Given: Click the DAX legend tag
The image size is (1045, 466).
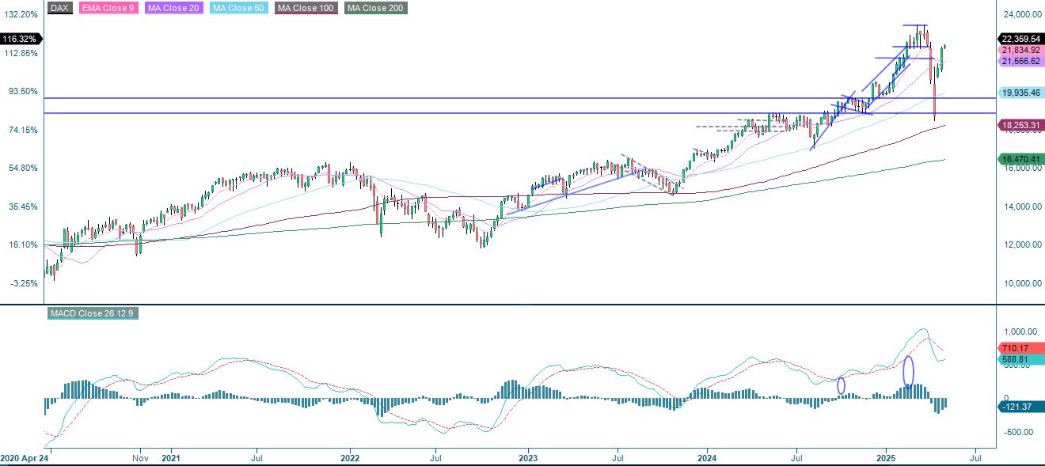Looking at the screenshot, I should (x=59, y=8).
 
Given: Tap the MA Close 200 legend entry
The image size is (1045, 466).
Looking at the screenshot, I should (x=375, y=8).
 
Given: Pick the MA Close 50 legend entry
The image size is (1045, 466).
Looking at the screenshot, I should (x=240, y=8).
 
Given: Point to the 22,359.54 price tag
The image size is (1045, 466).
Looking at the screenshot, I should (x=1020, y=38).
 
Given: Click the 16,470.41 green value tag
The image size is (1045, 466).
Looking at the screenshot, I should (x=1020, y=159).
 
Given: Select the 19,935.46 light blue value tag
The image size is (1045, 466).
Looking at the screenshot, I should (x=1020, y=93).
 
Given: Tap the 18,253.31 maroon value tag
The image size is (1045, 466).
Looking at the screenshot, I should (x=1020, y=125).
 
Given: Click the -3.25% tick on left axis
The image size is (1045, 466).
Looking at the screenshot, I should (x=23, y=283).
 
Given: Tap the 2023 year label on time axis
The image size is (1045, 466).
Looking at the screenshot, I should (x=529, y=458).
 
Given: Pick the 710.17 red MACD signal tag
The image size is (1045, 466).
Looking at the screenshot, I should (x=1017, y=347).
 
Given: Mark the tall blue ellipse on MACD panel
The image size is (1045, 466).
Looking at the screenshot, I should (x=908, y=371).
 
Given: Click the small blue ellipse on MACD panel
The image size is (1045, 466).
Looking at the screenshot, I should (x=841, y=385).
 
